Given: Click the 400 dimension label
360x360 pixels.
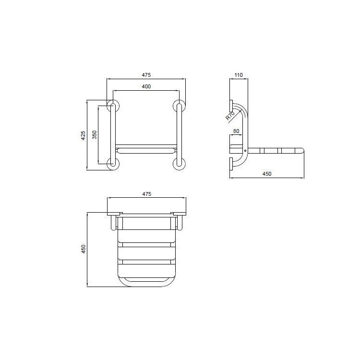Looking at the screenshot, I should tap(146, 86).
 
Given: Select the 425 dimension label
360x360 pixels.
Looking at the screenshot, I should tap(83, 135).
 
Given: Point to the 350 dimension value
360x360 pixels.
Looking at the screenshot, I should tap(95, 135).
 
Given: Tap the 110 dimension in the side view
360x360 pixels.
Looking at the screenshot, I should tap(239, 75).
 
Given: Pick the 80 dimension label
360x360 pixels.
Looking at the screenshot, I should tap(236, 131).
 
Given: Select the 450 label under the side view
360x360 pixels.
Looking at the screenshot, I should tap(267, 174).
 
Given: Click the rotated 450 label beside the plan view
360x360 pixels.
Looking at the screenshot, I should tap(83, 250).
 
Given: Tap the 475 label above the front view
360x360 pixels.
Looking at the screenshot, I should tap(146, 75).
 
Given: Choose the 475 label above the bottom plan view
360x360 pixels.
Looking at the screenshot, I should tap(146, 194).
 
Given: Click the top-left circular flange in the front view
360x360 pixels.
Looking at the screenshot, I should tap(113, 106).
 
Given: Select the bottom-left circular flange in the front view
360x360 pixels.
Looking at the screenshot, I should tap(113, 163).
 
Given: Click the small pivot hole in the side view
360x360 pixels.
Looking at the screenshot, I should tap(245, 151).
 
